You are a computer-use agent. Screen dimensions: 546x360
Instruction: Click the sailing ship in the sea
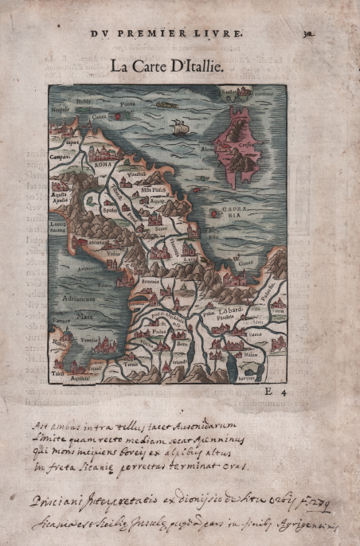point(180,127)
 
